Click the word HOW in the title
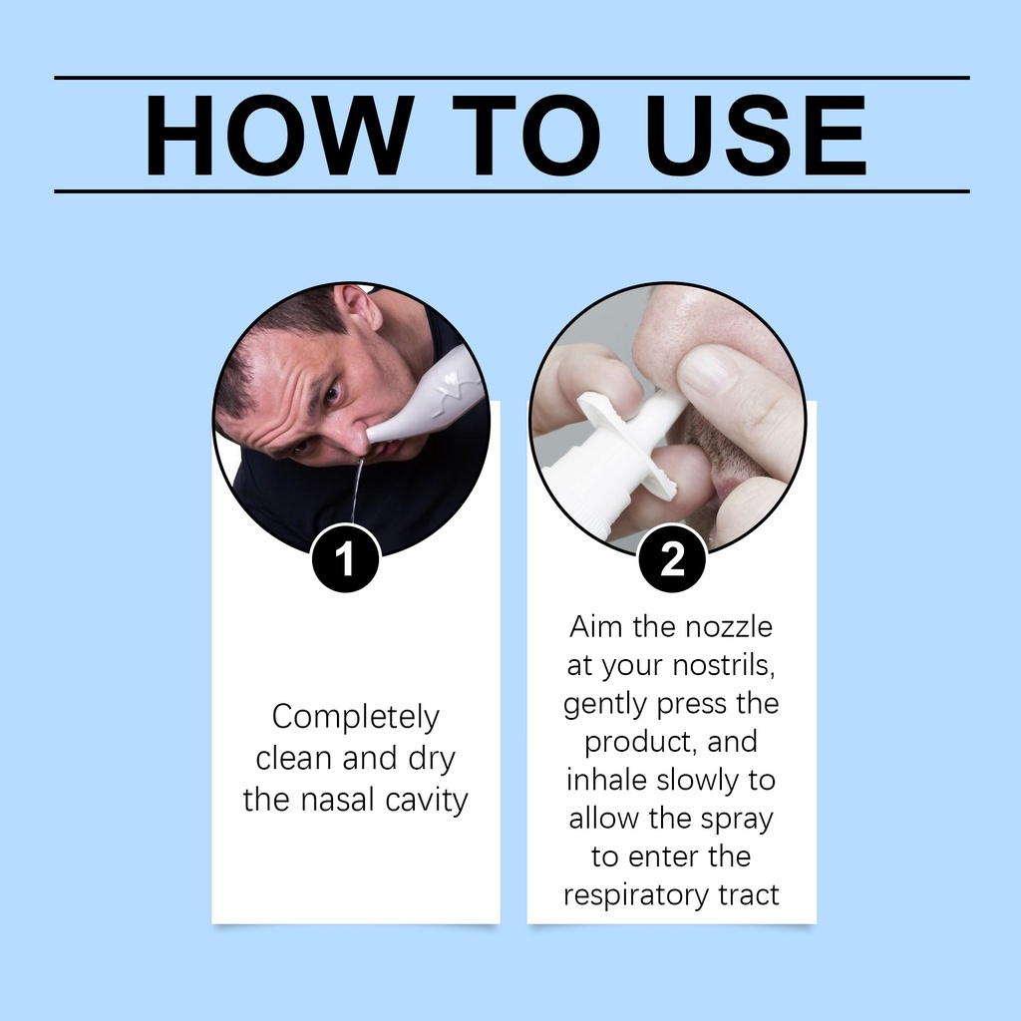click(279, 135)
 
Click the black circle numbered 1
click(346, 558)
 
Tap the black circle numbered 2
click(672, 558)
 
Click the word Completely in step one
click(356, 718)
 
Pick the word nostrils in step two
click(724, 665)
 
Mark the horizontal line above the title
click(511, 78)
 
